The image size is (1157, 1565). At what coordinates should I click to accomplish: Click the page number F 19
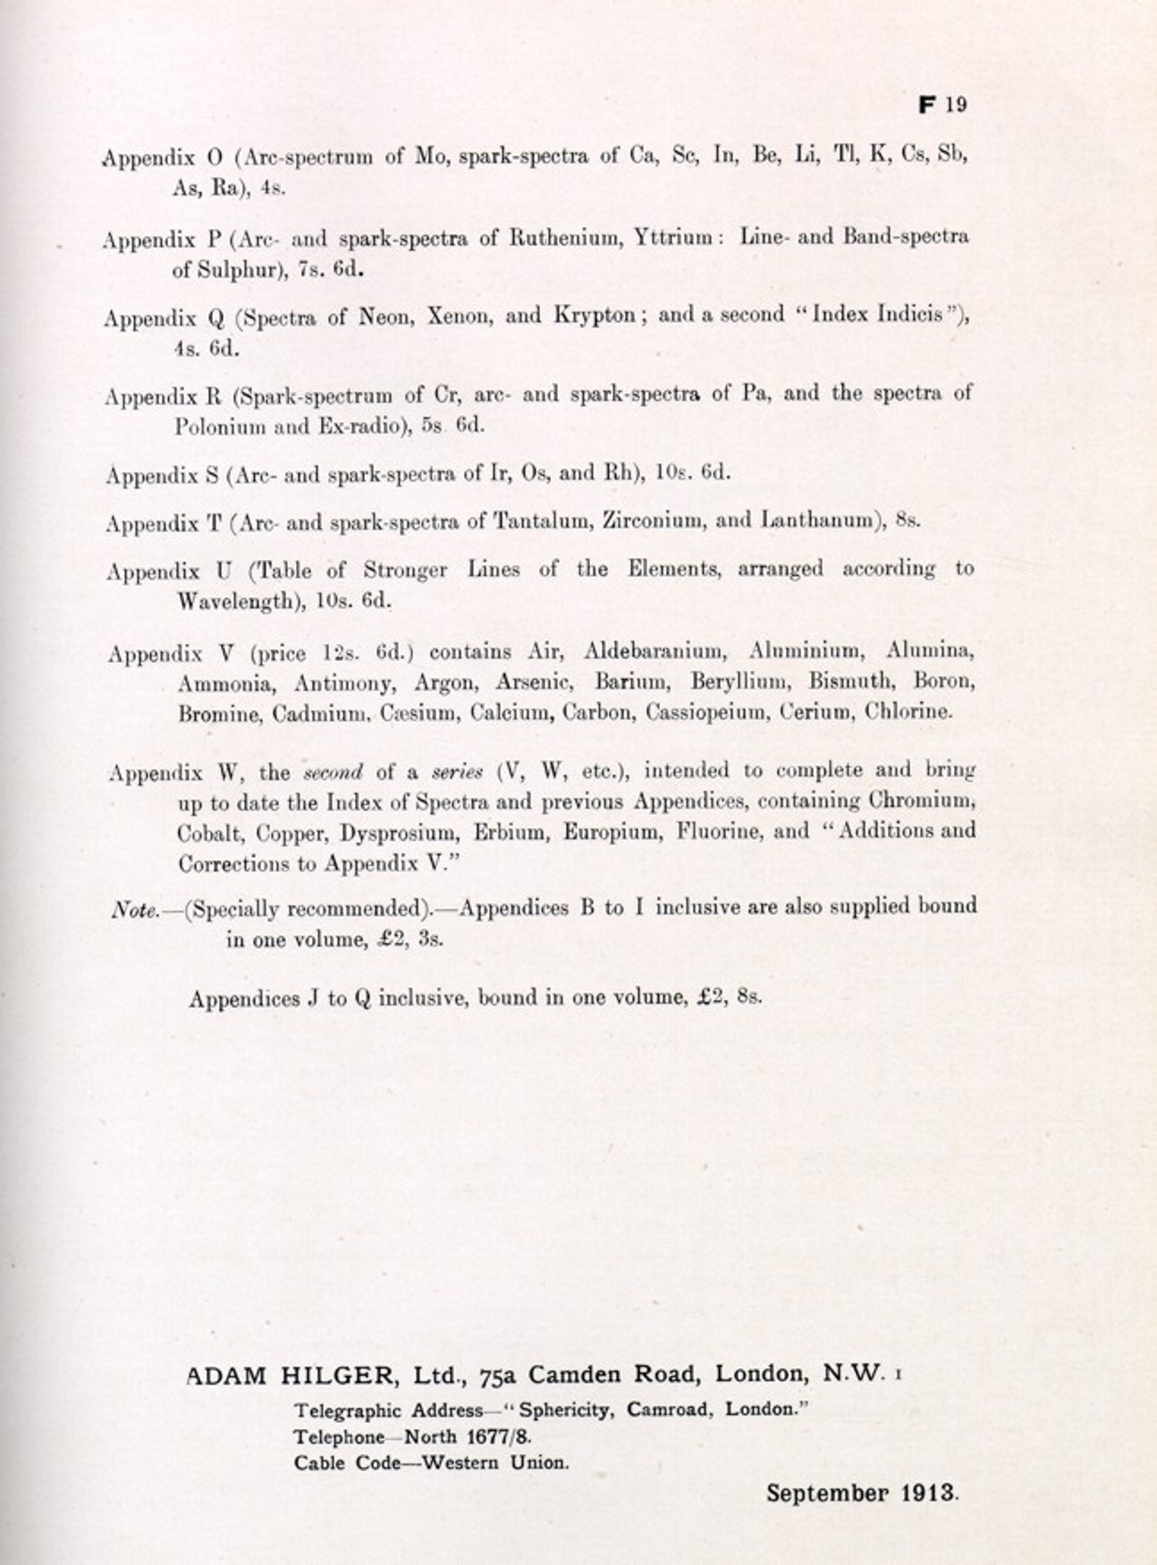click(x=942, y=104)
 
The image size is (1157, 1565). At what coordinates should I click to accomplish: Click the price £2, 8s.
click(x=729, y=996)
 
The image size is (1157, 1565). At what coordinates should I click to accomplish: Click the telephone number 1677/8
click(x=494, y=1437)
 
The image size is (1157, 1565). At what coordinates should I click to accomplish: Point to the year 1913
click(x=929, y=1493)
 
